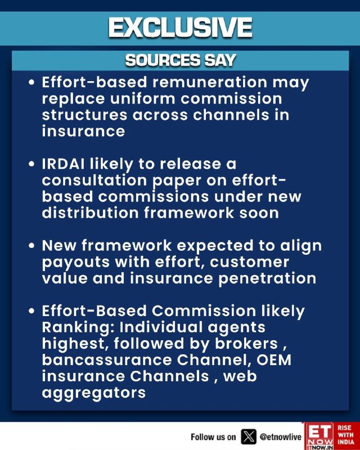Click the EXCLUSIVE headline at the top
[x=181, y=28]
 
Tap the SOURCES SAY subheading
[x=181, y=61]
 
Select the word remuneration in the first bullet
[x=210, y=82]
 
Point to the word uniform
[x=143, y=99]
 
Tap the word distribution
[x=91, y=213]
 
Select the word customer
[x=249, y=262]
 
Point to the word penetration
[x=267, y=278]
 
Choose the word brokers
[x=246, y=344]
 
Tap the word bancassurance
[x=107, y=360]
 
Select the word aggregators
[x=94, y=393]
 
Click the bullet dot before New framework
[x=31, y=246]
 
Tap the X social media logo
[x=248, y=437]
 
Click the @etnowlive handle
[x=281, y=437]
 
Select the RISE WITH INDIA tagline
[x=346, y=434]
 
